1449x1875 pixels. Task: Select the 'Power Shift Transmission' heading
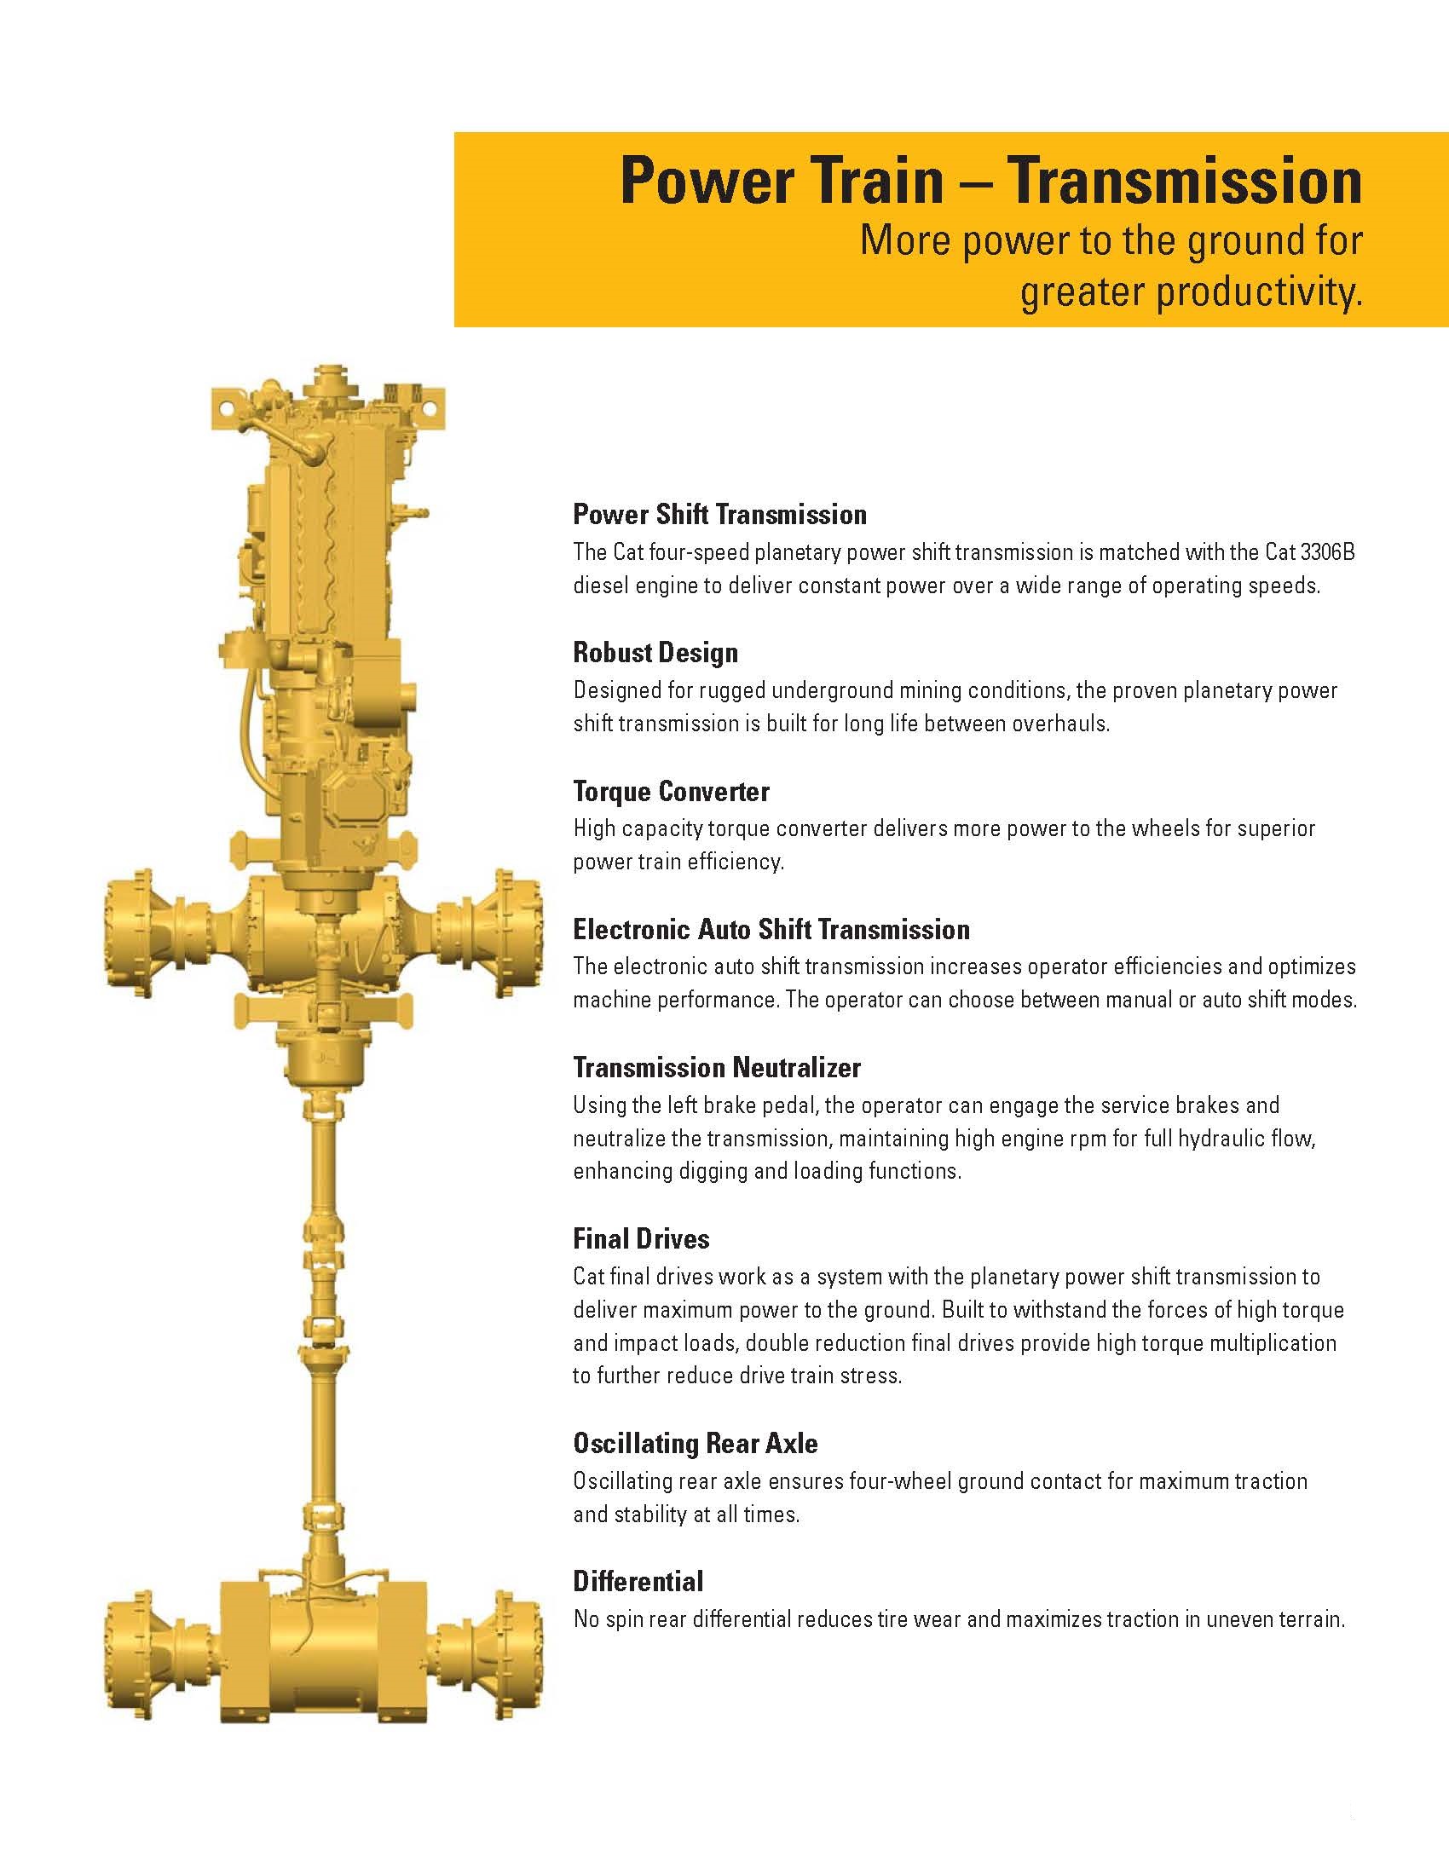719,514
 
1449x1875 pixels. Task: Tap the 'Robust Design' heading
655,653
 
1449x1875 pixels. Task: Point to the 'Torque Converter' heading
671,791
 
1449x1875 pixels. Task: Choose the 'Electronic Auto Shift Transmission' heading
771,929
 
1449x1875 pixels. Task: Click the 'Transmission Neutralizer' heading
717,1067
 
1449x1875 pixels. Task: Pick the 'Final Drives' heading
641,1239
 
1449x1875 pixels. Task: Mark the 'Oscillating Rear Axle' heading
696,1443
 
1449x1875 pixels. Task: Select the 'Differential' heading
638,1581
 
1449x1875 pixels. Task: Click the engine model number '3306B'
1327,552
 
